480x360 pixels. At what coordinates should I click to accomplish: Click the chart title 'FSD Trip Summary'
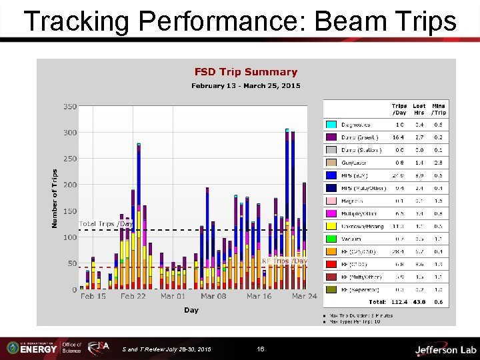[245, 72]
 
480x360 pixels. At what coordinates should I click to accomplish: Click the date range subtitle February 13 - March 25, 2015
[245, 85]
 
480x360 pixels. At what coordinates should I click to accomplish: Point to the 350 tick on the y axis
[70, 107]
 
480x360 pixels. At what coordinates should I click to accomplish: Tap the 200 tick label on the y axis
[70, 185]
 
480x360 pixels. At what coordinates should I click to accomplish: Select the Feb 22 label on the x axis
[133, 296]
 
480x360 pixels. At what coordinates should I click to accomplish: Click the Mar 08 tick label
[213, 296]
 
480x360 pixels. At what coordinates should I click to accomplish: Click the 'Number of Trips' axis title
[55, 198]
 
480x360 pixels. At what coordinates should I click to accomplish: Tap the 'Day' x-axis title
[191, 310]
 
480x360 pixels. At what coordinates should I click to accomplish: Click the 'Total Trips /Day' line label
[106, 224]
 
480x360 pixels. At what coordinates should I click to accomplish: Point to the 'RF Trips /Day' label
[284, 261]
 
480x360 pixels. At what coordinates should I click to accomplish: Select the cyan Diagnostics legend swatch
[331, 125]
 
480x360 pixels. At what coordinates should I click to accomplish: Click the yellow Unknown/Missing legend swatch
[331, 225]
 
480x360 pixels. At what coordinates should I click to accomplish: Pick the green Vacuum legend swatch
[331, 238]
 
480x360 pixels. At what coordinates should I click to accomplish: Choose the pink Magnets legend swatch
[331, 200]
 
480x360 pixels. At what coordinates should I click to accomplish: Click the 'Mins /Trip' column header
[439, 109]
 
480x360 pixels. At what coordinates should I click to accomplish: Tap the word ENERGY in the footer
[39, 349]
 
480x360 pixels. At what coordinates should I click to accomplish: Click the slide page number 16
[261, 349]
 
